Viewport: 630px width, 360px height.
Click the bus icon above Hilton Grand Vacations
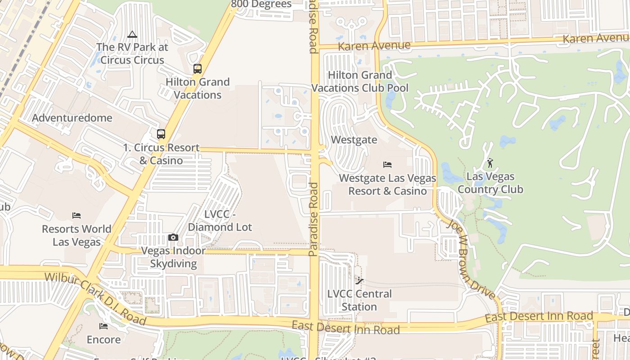pyautogui.click(x=197, y=69)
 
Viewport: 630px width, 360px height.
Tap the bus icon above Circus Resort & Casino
pyautogui.click(x=161, y=134)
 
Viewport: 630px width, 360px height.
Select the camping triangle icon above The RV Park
pyautogui.click(x=132, y=34)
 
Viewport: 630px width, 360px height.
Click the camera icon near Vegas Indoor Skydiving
pyautogui.click(x=173, y=237)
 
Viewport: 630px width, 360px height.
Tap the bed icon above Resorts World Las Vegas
pyautogui.click(x=76, y=216)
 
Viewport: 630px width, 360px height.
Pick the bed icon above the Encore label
pyautogui.click(x=103, y=326)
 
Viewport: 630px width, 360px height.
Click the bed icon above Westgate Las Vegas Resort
pyautogui.click(x=387, y=165)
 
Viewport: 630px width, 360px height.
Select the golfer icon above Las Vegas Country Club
pyautogui.click(x=490, y=163)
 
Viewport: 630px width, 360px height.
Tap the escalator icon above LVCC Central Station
pyautogui.click(x=359, y=281)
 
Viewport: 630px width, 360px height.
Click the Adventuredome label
pyautogui.click(x=72, y=118)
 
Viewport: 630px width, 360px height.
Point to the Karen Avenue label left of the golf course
pyautogui.click(x=374, y=46)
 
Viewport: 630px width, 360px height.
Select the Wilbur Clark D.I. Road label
pyautogui.click(x=95, y=298)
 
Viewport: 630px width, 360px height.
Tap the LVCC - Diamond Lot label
pyautogui.click(x=220, y=221)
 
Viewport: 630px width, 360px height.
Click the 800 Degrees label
pyautogui.click(x=261, y=4)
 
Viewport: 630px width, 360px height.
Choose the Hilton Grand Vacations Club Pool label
pyautogui.click(x=360, y=81)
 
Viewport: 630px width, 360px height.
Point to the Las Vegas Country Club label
pyautogui.click(x=490, y=183)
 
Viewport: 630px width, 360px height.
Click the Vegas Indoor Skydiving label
pyautogui.click(x=173, y=257)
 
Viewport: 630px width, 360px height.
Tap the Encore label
pyautogui.click(x=103, y=339)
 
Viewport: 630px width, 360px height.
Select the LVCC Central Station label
pyautogui.click(x=359, y=300)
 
